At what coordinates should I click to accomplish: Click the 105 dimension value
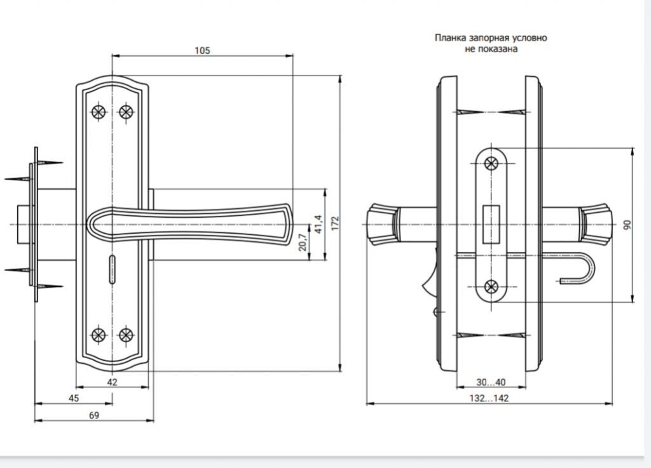(202, 51)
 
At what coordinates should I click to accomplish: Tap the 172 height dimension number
(336, 223)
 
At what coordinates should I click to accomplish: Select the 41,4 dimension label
(319, 224)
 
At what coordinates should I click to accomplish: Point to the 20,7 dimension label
(303, 242)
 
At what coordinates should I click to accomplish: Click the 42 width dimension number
(112, 382)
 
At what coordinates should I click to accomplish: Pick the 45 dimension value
(74, 398)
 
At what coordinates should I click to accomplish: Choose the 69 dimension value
(94, 415)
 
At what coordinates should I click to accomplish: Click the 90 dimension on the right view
(627, 225)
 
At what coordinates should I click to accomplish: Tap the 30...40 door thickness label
(491, 382)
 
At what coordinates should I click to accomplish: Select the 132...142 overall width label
(489, 398)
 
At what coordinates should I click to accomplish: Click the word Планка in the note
(451, 37)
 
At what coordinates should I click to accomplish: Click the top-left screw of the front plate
(99, 112)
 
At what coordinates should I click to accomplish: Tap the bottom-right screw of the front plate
(126, 335)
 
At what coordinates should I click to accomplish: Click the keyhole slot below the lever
(112, 270)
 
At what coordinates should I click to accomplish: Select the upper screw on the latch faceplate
(491, 163)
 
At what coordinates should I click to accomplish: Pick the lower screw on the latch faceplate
(491, 286)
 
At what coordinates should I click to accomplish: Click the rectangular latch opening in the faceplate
(491, 224)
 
